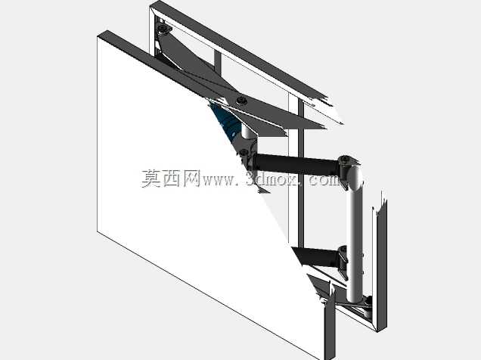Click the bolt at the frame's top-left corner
pyautogui.click(x=163, y=29)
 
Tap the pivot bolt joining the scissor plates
pyautogui.click(x=242, y=101)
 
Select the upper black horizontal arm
pyautogui.click(x=296, y=165)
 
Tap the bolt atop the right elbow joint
pyautogui.click(x=345, y=160)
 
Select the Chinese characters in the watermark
pyautogui.click(x=171, y=178)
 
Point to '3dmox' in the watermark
pyautogui.click(x=272, y=179)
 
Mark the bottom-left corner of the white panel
pyautogui.click(x=98, y=231)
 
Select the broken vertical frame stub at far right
pyautogui.click(x=380, y=264)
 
